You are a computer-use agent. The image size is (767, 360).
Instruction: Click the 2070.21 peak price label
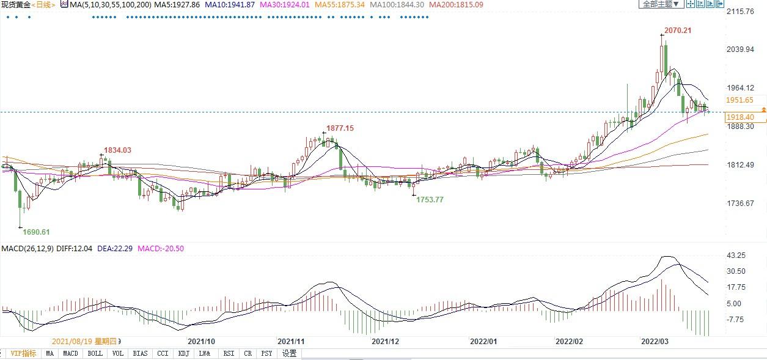coord(678,31)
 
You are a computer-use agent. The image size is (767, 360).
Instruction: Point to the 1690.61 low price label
coord(36,232)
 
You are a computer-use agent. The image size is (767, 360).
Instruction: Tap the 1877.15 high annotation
coord(339,128)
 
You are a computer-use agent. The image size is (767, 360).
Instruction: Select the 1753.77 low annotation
coord(430,199)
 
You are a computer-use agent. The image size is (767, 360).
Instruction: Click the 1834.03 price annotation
coord(117,150)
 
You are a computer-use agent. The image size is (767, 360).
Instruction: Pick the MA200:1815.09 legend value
coord(456,4)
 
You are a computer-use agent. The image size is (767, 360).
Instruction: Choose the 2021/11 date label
coord(291,341)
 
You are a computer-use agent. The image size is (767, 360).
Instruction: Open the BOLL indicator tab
coord(95,353)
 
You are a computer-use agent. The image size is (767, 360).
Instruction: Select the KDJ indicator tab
coord(183,353)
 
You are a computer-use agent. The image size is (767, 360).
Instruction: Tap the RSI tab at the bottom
coord(229,353)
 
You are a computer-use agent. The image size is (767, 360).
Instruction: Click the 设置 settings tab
coord(289,353)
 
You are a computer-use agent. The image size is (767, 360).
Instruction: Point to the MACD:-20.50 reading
coord(161,249)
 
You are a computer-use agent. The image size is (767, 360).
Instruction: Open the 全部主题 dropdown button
coord(661,4)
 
